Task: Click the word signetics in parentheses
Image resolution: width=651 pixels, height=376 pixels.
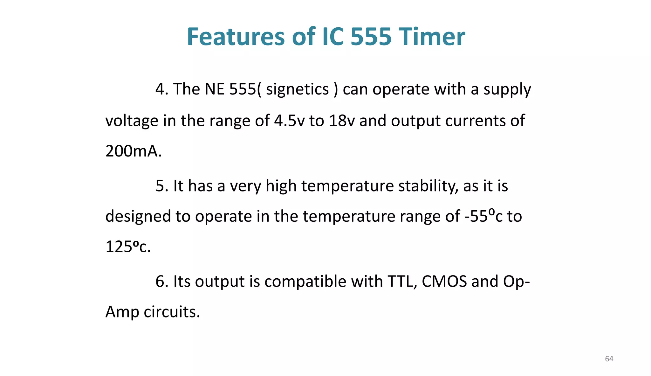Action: click(297, 89)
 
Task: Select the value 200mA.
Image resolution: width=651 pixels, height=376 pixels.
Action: click(133, 151)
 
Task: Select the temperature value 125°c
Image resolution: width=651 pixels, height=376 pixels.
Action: click(127, 247)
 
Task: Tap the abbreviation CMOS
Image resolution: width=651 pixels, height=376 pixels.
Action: click(444, 282)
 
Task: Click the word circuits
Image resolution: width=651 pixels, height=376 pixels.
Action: click(172, 312)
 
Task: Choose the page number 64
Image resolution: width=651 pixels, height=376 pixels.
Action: click(609, 359)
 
